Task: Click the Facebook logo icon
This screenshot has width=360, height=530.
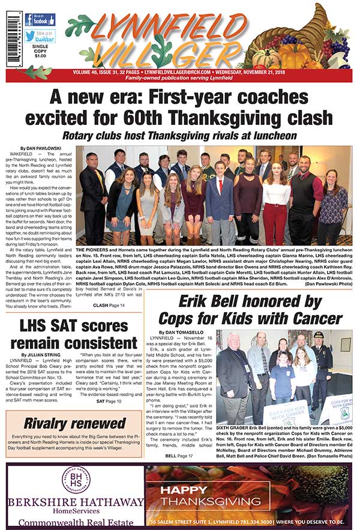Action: pyautogui.click(x=29, y=20)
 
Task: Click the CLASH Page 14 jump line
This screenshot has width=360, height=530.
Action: pyautogui.click(x=109, y=306)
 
